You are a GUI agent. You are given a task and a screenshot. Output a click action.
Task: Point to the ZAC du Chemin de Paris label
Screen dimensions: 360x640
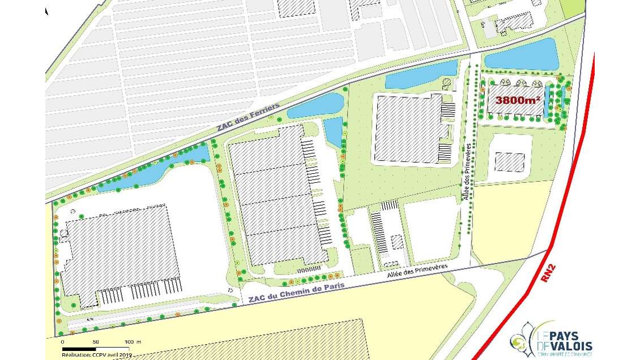292,295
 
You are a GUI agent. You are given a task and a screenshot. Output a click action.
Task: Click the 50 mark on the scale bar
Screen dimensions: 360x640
95,342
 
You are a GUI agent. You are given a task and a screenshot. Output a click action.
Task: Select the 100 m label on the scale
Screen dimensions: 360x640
133,342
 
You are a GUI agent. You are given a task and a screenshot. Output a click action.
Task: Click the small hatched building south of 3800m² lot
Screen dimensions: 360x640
510,162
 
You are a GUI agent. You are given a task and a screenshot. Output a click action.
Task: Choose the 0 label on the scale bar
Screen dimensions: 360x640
62,342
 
